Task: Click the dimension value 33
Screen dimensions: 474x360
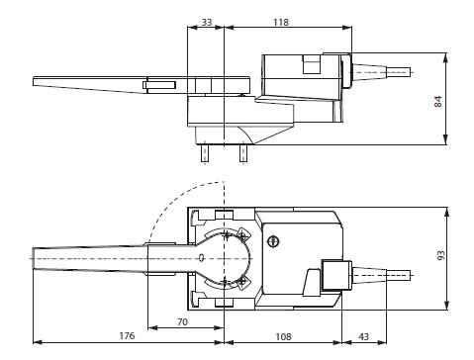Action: pos(207,22)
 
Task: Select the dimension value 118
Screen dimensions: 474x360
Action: pos(281,22)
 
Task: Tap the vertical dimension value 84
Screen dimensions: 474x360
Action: pos(437,101)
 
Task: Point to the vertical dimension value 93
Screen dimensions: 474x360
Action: pos(441,255)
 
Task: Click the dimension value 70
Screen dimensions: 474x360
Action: pos(182,321)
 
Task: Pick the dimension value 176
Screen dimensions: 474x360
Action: pos(127,336)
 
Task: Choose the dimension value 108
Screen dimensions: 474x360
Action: pos(283,336)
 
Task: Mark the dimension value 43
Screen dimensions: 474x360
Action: pos(363,336)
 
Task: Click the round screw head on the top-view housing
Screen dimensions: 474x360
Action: pos(272,241)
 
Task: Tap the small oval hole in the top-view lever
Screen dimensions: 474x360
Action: pos(201,258)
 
